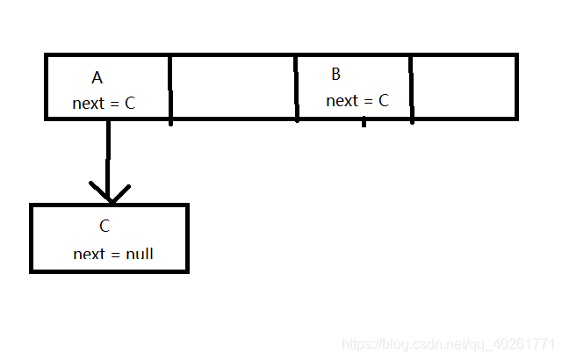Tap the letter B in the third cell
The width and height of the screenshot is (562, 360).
pos(335,74)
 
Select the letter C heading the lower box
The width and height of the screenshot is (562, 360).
pos(104,227)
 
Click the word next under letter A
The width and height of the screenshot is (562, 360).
pos(88,104)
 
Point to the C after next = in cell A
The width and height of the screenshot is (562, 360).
pos(130,104)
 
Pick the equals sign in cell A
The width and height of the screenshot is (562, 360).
pos(115,104)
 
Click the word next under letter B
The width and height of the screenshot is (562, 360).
pos(342,101)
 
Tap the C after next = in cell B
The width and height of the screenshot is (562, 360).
pos(383,101)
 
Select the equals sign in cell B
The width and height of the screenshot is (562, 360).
pos(368,102)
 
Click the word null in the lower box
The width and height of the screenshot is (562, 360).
pos(140,254)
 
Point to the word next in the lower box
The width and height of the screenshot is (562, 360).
pos(89,254)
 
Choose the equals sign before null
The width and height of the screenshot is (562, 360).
pos(116,255)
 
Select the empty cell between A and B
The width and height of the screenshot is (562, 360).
pos(233,86)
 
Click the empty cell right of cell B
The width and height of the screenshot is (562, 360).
pos(463,86)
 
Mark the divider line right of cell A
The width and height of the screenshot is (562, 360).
pos(170,88)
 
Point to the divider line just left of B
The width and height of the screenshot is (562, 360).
pos(297,88)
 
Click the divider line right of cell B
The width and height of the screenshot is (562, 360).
pos(411,88)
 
